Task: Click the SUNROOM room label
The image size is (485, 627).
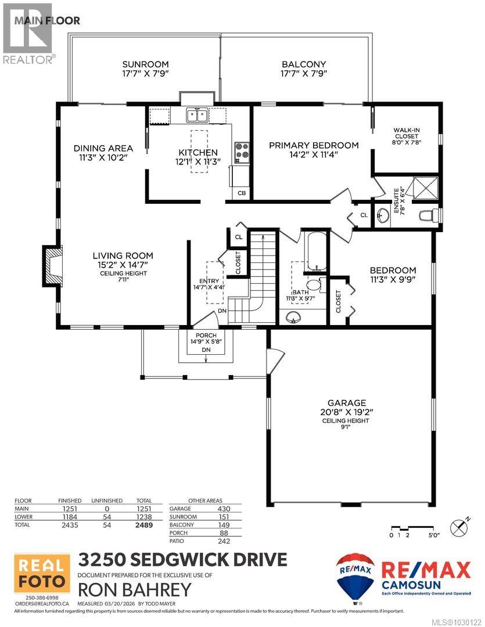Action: (145, 64)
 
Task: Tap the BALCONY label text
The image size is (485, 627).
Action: (304, 64)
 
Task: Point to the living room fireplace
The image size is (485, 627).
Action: (52, 266)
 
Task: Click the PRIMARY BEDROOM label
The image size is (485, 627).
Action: (314, 145)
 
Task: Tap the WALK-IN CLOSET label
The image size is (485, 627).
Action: (406, 133)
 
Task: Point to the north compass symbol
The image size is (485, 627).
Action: (460, 527)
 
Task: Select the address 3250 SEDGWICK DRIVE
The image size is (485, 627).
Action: (182, 560)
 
